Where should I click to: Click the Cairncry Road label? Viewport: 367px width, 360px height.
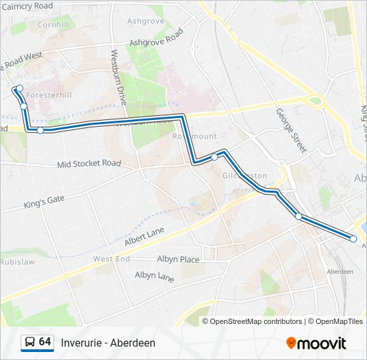[x=28, y=6]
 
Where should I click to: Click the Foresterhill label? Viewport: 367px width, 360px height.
[x=49, y=95]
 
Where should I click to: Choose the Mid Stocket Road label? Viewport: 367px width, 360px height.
[x=89, y=163]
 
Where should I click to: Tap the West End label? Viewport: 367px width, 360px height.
[x=111, y=259]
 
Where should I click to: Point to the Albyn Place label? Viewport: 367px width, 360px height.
[x=177, y=259]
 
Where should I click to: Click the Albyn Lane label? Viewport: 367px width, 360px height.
[x=154, y=275]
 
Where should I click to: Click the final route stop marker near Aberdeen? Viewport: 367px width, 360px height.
[x=354, y=239]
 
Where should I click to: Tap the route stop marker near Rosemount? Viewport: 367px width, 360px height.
[x=214, y=157]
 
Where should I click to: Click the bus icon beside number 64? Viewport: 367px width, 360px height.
[x=29, y=343]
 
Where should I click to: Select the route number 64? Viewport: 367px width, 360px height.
[x=45, y=342]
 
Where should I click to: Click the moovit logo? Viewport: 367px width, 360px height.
[x=316, y=343]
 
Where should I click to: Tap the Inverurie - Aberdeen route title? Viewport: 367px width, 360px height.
[x=108, y=343]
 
